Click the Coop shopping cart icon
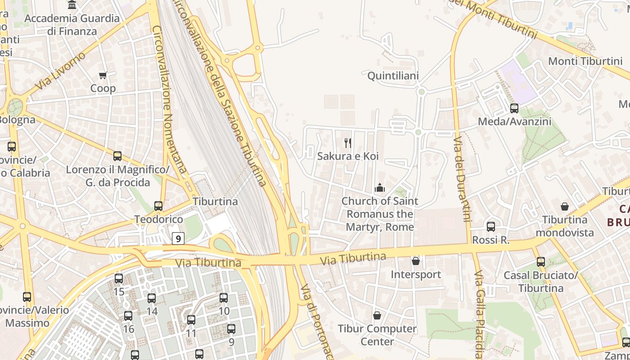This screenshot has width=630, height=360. pos(103,76)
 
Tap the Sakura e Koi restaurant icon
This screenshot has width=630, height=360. pos(347,143)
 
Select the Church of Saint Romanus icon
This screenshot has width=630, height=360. pos(380,188)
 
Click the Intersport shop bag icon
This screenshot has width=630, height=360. pos(416,261)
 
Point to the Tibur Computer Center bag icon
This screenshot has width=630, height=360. pos(377,315)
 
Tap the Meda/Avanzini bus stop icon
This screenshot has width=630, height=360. pos(514,108)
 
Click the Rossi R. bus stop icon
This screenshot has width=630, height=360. pos(491,227)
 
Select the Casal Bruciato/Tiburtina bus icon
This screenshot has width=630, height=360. pos(540,261)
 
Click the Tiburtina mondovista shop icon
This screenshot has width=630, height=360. pos(565,207)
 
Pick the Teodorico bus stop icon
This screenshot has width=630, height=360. pos(158,206)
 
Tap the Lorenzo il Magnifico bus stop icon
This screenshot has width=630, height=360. pos(117,156)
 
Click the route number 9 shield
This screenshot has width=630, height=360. pos(179,238)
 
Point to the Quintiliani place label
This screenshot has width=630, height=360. pos(393,76)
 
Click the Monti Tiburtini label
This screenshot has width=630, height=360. pos(585,61)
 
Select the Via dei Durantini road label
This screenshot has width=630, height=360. pos(461,180)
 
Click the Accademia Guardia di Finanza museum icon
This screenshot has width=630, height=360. pos(72,5)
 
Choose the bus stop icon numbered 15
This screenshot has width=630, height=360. pos(119,279)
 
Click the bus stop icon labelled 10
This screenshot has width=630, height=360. pos(224,297)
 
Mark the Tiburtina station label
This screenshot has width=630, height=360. pos(215,201)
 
